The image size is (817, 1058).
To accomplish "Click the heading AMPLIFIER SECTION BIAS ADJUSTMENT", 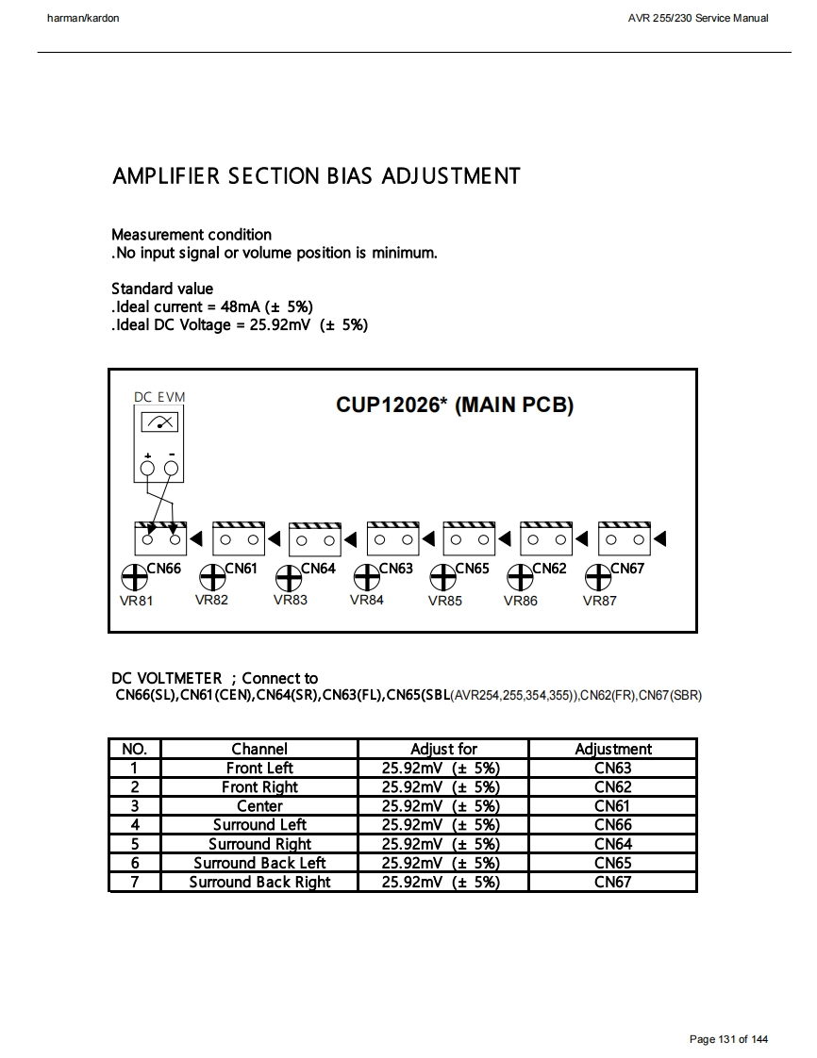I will click(x=316, y=176).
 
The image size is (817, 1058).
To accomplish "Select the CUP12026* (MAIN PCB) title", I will click(x=455, y=405).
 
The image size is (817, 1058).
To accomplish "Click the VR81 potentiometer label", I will click(x=136, y=601).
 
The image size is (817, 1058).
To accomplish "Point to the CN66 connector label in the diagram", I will click(x=164, y=569).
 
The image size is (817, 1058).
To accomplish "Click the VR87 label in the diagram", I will click(x=599, y=601).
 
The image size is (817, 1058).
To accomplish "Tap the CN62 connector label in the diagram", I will click(x=550, y=569).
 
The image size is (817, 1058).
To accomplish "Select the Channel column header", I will click(x=259, y=749).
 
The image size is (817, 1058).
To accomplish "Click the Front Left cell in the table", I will click(x=259, y=768).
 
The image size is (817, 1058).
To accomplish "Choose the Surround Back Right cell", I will click(x=259, y=882).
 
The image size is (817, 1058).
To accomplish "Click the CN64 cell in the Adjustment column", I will click(x=612, y=844).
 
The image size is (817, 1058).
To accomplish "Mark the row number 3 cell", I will click(x=135, y=806).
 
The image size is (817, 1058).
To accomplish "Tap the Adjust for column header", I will click(x=443, y=749).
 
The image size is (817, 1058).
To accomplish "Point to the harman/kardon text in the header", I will click(x=83, y=18).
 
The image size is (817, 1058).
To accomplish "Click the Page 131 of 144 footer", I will click(x=728, y=1039).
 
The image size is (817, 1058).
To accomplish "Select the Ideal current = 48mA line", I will click(x=212, y=306).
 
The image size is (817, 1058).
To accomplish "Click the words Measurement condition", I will click(x=192, y=235).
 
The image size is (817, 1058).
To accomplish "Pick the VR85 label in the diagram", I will click(x=444, y=601).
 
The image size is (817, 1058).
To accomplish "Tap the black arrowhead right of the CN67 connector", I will click(x=660, y=539).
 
